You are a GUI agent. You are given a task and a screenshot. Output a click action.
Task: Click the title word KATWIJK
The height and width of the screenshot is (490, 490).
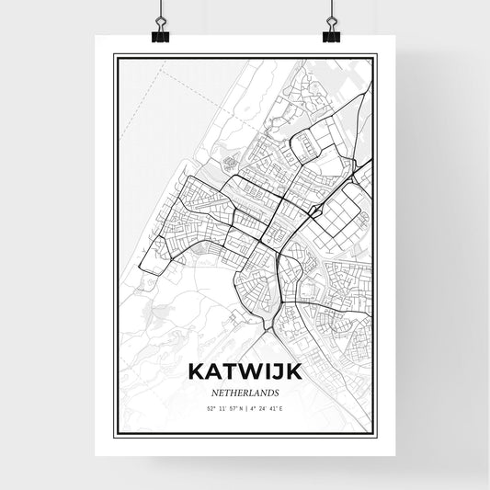(x=245, y=372)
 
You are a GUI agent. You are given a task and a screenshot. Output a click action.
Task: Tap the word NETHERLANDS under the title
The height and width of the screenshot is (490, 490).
(x=245, y=392)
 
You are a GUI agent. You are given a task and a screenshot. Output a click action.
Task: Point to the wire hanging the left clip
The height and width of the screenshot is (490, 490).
(x=160, y=11)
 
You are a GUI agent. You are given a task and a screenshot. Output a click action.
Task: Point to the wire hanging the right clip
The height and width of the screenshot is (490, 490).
(x=330, y=11)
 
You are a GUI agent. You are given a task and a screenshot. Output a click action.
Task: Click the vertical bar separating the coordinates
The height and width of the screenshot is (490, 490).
(x=246, y=405)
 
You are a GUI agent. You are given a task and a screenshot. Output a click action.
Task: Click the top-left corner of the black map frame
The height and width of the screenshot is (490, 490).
(x=114, y=55)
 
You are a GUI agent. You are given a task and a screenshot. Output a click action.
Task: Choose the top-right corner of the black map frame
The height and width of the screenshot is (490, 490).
(x=376, y=55)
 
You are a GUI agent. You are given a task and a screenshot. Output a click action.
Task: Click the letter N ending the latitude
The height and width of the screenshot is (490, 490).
(x=238, y=405)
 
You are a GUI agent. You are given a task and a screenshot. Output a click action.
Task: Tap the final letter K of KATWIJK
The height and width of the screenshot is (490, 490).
(x=292, y=372)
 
